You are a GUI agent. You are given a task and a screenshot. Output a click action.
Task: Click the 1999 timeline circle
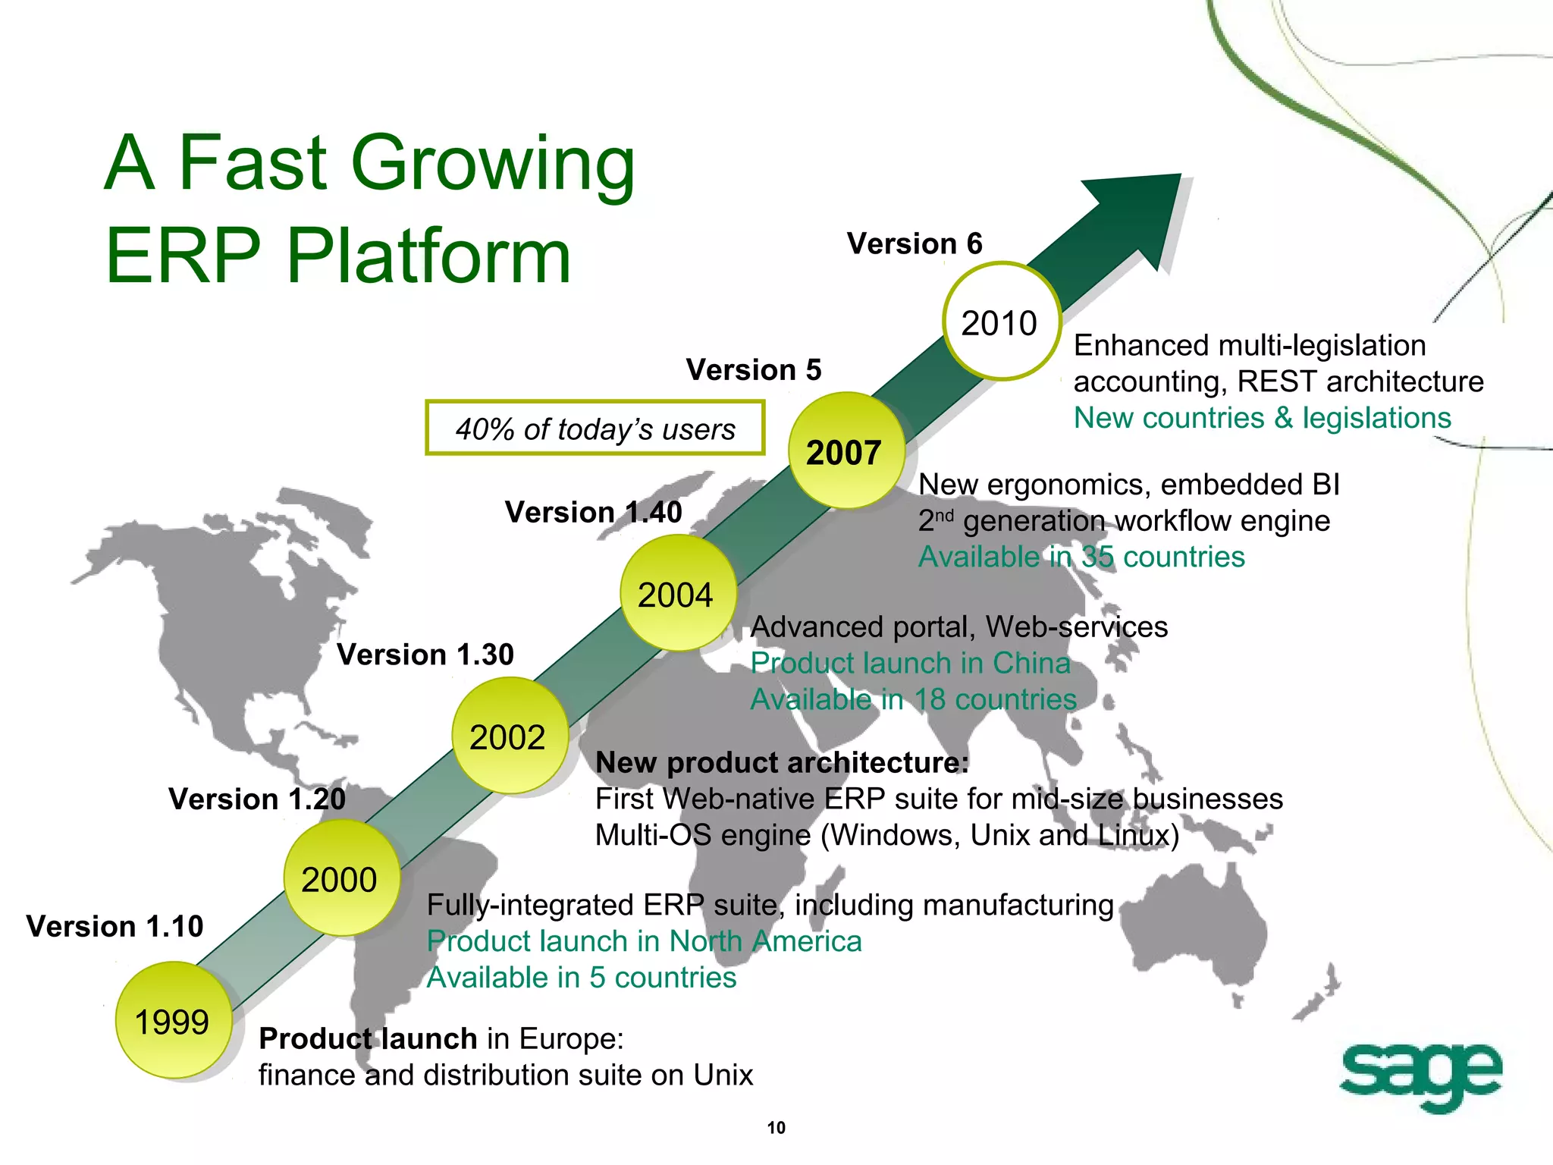tap(173, 1020)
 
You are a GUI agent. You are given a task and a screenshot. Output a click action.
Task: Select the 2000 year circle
tap(341, 878)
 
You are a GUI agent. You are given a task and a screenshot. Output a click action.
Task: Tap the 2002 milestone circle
tap(510, 736)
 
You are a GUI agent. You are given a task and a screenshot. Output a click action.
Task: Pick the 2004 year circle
tap(678, 593)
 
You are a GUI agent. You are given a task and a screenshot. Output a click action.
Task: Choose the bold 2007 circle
tap(846, 451)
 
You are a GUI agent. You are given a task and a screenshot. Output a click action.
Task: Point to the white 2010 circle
tap(1001, 322)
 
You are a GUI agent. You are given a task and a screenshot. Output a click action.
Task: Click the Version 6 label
tap(915, 244)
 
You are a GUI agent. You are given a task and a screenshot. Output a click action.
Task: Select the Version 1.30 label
tap(425, 655)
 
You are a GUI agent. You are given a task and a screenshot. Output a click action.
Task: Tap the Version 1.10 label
tap(115, 926)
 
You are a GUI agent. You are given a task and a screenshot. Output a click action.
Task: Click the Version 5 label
tap(754, 370)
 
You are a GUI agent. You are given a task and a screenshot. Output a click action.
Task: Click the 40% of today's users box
tap(595, 429)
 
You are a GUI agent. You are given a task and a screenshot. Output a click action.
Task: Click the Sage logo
tap(1420, 1076)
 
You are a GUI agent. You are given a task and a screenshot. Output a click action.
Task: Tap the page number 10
tap(776, 1128)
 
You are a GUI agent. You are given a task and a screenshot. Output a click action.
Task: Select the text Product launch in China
tap(910, 664)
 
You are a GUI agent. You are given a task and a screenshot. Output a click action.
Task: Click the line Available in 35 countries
tap(1081, 557)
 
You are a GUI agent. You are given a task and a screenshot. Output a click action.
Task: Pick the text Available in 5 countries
tap(581, 978)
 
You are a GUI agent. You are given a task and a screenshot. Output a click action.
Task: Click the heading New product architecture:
tap(782, 762)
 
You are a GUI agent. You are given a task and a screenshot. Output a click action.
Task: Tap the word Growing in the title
tap(494, 164)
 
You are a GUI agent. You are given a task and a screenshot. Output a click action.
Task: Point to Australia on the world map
tap(1191, 933)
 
